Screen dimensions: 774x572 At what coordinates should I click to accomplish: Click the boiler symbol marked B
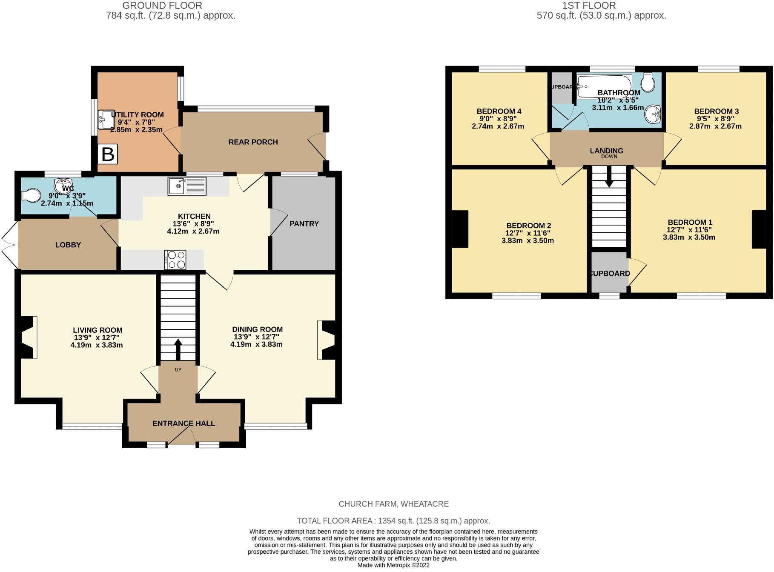pos(108,154)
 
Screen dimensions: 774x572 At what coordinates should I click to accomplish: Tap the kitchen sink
pos(187,186)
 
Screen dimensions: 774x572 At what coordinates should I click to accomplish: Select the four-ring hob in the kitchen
pos(175,260)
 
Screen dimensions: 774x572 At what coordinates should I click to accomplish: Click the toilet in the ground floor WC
pos(31,195)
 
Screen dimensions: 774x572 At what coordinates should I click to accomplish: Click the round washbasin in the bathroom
pos(652,114)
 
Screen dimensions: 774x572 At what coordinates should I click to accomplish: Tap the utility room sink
pos(104,120)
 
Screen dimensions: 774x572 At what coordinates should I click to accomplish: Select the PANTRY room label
pos(304,223)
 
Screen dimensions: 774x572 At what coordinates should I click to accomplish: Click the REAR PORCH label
pos(253,142)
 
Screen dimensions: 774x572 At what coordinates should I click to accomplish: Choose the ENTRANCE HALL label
pos(184,423)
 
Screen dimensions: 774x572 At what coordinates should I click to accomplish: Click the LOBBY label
pos(68,245)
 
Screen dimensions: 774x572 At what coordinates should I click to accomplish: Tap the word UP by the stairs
pos(178,369)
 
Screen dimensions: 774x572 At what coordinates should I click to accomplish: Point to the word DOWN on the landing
pos(609,156)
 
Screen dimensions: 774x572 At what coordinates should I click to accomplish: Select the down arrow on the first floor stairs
pos(609,176)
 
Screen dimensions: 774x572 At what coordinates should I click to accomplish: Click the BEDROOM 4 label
pos(499,111)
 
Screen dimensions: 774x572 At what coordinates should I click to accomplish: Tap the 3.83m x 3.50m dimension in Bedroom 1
pos(689,237)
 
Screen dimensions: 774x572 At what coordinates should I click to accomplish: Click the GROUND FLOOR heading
pos(162,6)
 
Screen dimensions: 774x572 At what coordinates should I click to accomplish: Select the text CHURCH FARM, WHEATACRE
pos(394,504)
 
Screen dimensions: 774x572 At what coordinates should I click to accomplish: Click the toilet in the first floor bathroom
pos(648,82)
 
